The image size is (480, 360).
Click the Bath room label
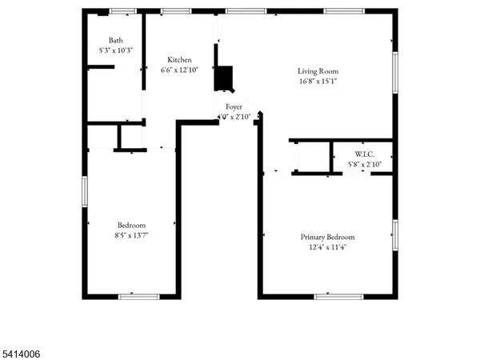click(116, 40)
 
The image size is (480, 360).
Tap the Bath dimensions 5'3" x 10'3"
click(116, 50)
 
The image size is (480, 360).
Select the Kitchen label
click(179, 60)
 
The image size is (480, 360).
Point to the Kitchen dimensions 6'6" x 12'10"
click(179, 70)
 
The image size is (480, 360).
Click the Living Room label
click(318, 70)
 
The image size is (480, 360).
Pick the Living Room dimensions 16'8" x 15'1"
click(318, 81)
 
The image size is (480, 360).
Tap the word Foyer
click(234, 106)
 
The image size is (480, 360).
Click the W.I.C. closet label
click(365, 154)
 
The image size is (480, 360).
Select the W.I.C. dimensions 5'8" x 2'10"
click(365, 164)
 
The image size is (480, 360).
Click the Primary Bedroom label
click(327, 237)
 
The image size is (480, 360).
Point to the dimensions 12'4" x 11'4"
click(327, 247)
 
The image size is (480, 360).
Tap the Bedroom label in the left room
click(131, 225)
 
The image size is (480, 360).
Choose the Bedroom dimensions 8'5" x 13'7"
click(131, 235)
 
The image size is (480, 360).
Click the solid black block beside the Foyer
click(224, 78)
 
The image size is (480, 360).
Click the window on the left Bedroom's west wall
click(85, 192)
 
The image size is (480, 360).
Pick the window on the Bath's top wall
click(122, 11)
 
